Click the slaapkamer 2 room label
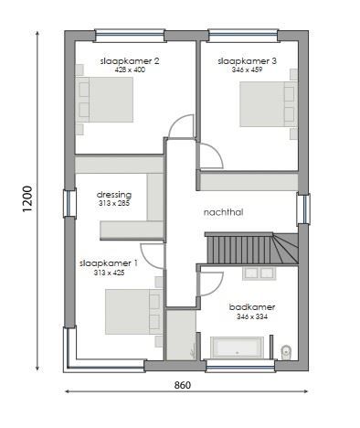pyautogui.click(x=129, y=61)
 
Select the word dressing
pyautogui.click(x=114, y=194)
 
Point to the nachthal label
pyautogui.click(x=222, y=210)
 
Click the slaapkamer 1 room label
pyautogui.click(x=115, y=262)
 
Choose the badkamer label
pyautogui.click(x=251, y=307)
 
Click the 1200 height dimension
pyautogui.click(x=28, y=198)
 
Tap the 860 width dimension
pyautogui.click(x=182, y=386)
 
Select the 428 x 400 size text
pyautogui.click(x=129, y=70)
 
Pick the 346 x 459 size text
pyautogui.click(x=247, y=70)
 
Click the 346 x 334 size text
pyautogui.click(x=251, y=316)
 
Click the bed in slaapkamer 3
pyautogui.click(x=269, y=104)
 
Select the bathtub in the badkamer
pyautogui.click(x=238, y=347)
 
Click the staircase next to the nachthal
pyautogui.click(x=246, y=247)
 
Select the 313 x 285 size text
pyautogui.click(x=114, y=203)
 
